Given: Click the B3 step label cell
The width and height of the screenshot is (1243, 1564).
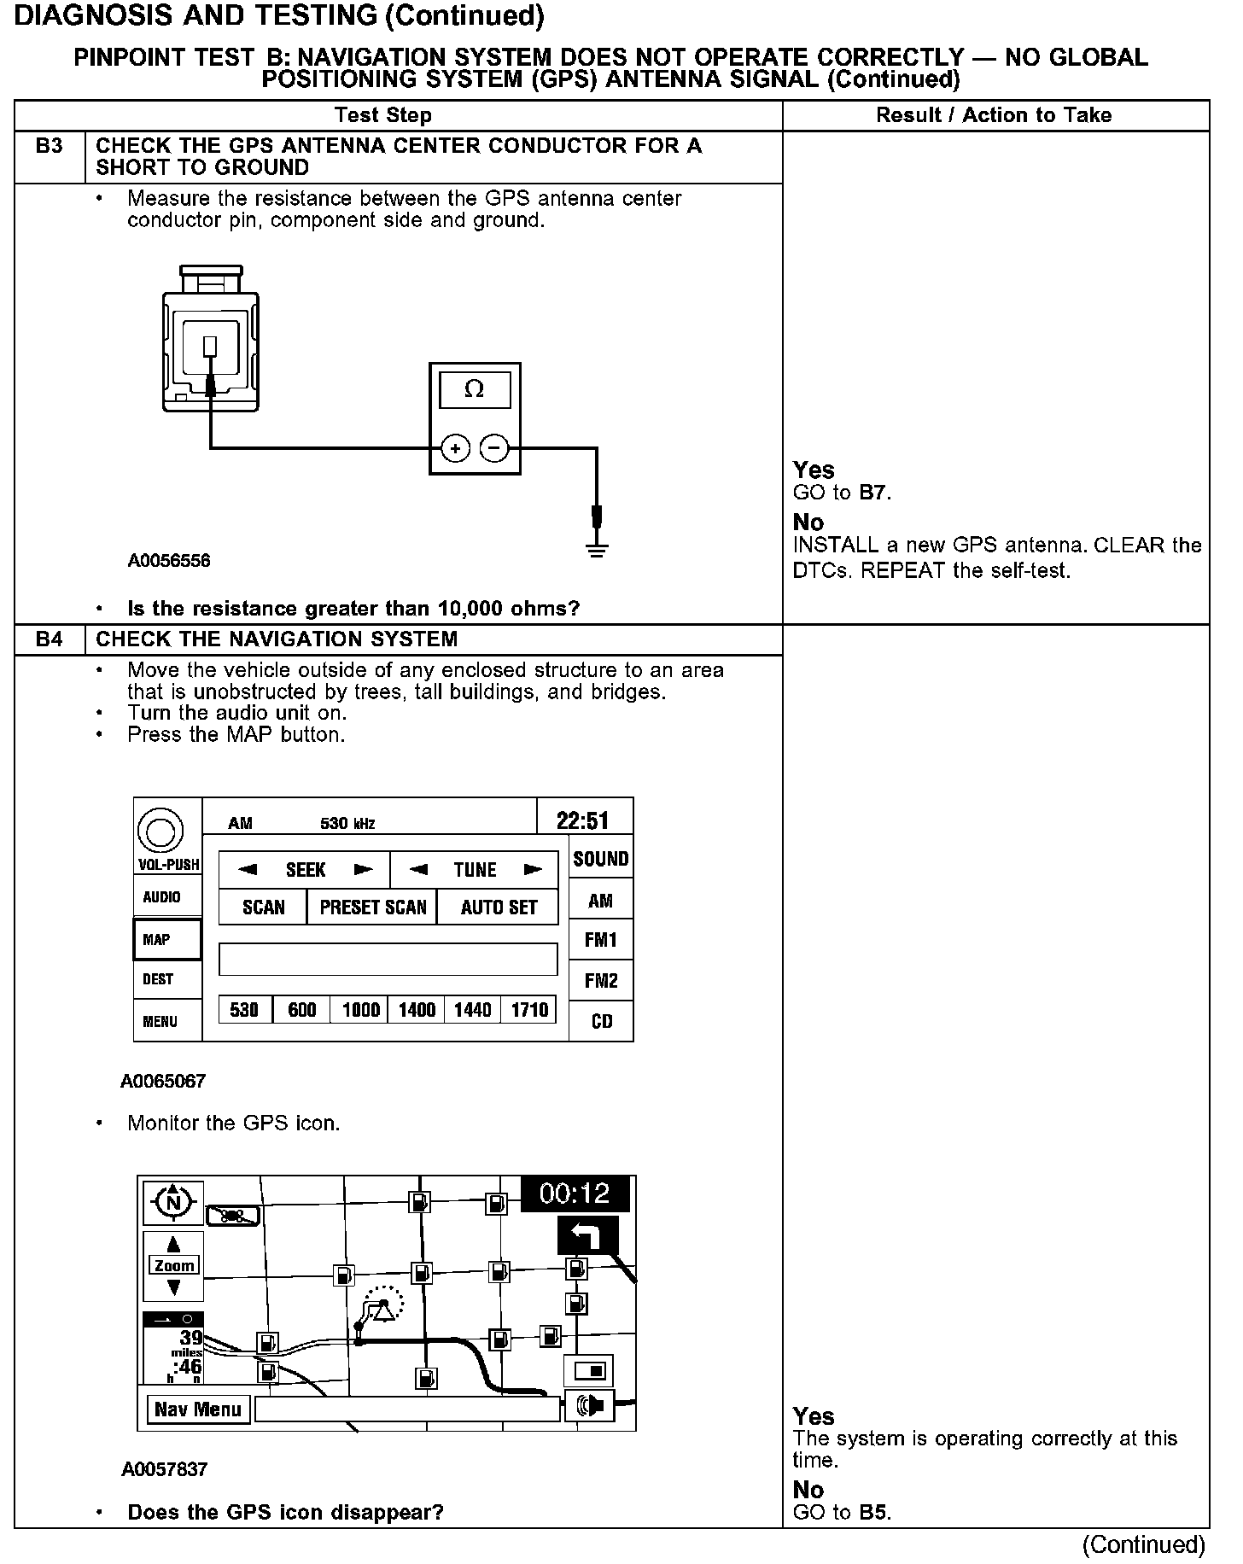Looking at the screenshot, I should [50, 147].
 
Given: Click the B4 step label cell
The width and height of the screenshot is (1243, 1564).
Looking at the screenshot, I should [50, 639].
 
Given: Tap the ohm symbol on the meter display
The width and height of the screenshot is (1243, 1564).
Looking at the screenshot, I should [474, 390].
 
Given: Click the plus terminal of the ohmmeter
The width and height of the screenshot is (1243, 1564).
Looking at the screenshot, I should [455, 448].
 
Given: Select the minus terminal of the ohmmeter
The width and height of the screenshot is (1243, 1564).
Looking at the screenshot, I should [494, 448].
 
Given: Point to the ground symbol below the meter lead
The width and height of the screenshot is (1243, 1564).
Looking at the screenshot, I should [597, 549].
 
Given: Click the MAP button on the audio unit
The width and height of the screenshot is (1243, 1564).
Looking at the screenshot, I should [167, 939].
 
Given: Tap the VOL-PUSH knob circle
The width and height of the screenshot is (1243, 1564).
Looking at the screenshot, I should [160, 830].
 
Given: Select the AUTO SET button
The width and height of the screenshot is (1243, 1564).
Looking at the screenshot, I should [499, 907].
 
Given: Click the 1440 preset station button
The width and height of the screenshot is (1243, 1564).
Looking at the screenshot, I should [472, 1010].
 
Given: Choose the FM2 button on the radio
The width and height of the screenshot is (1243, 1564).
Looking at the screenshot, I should [601, 981].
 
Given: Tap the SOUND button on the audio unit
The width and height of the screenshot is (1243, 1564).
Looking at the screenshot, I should [601, 859].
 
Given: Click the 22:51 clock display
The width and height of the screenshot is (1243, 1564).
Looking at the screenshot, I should [583, 820].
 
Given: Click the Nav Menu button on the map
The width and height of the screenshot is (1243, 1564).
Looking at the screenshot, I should [198, 1409].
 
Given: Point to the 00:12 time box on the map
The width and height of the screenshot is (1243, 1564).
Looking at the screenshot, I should [575, 1193].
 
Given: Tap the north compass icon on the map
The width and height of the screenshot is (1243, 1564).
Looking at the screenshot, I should [173, 1203].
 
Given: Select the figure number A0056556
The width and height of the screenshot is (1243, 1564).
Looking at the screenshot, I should [169, 561].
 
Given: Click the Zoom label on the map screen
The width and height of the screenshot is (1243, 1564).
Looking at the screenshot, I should [174, 1265].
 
